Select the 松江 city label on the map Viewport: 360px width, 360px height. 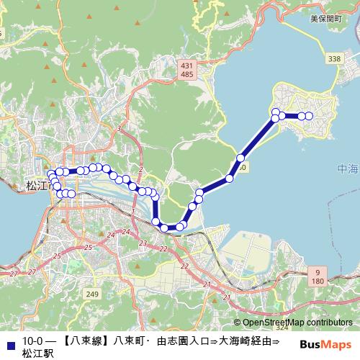(35, 185)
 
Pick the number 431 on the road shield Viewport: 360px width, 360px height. (187, 65)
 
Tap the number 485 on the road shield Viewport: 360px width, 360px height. (187, 74)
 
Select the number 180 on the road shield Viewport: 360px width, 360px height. (318, 280)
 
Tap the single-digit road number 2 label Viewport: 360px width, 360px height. (142, 170)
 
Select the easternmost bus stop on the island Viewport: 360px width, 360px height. (309, 116)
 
